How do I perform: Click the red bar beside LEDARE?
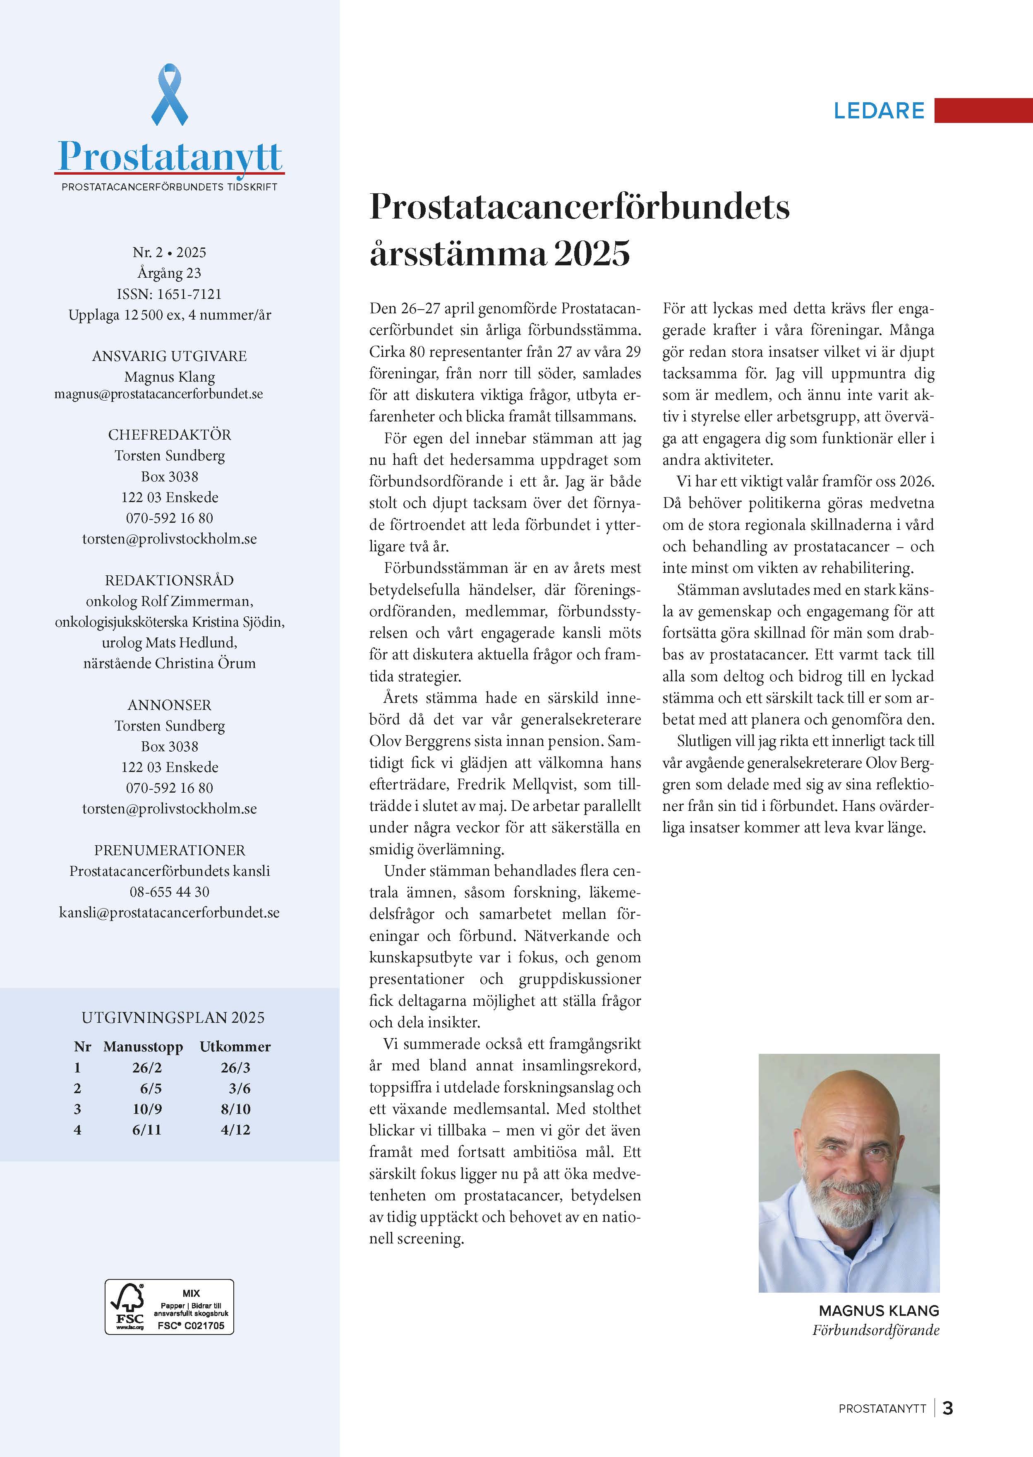(x=983, y=110)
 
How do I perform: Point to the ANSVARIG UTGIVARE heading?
(x=169, y=356)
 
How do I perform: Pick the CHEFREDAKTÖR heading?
(x=169, y=435)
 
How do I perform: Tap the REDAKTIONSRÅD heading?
(x=169, y=580)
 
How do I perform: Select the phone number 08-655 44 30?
(x=169, y=892)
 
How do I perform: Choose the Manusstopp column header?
(x=143, y=1047)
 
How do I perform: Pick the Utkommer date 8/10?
(x=235, y=1109)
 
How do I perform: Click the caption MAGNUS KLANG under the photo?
(x=878, y=1310)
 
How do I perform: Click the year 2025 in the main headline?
(x=592, y=253)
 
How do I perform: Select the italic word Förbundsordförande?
(x=875, y=1330)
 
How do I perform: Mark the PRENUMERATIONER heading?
(x=169, y=850)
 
